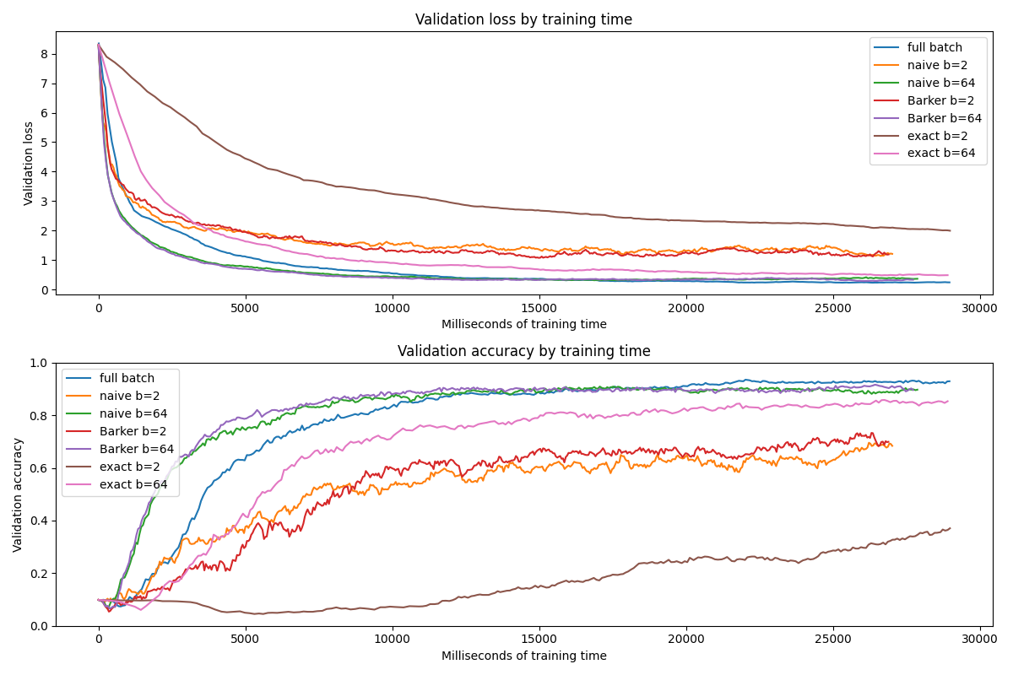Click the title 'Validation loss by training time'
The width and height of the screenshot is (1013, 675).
523,19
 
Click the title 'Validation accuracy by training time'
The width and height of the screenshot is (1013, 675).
523,351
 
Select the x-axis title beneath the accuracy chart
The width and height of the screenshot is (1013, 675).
523,656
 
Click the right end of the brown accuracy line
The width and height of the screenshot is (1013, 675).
950,528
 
